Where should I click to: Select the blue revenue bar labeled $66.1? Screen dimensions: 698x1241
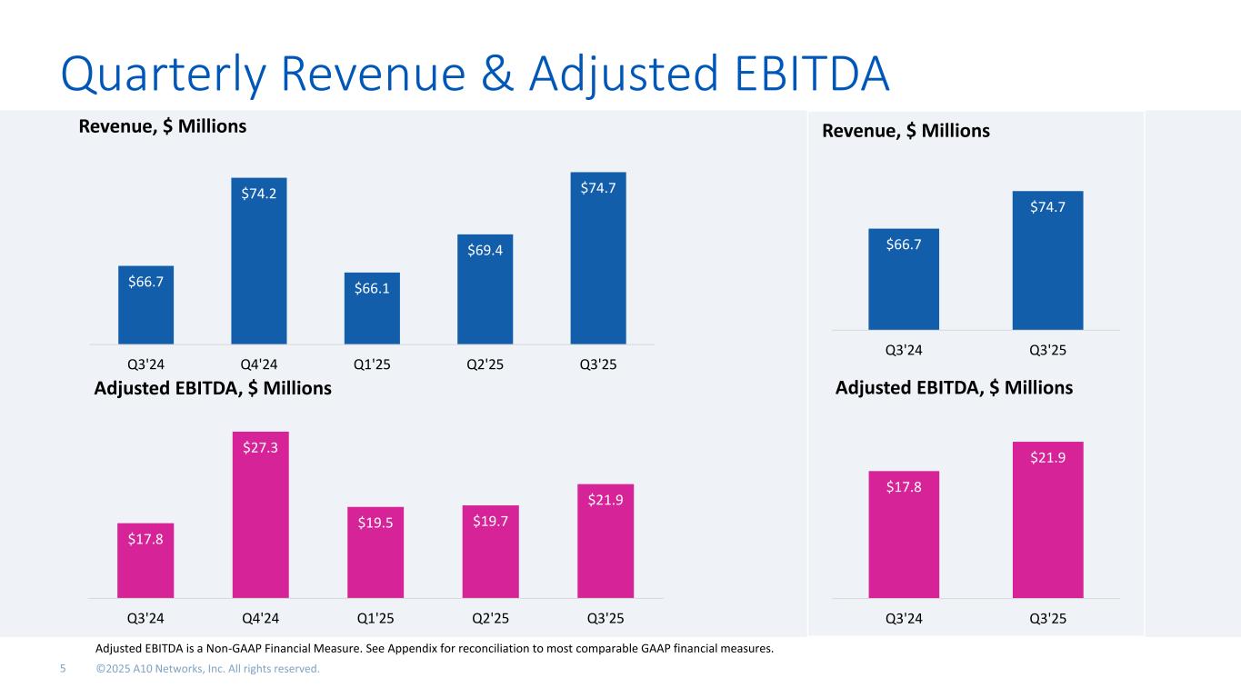coord(372,308)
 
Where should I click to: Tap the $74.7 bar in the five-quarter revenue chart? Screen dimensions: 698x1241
coord(598,258)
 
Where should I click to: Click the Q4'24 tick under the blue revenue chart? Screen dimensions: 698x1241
coord(259,364)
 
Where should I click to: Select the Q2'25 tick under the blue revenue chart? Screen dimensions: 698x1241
coord(485,364)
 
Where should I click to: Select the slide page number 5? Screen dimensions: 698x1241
coord(63,670)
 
